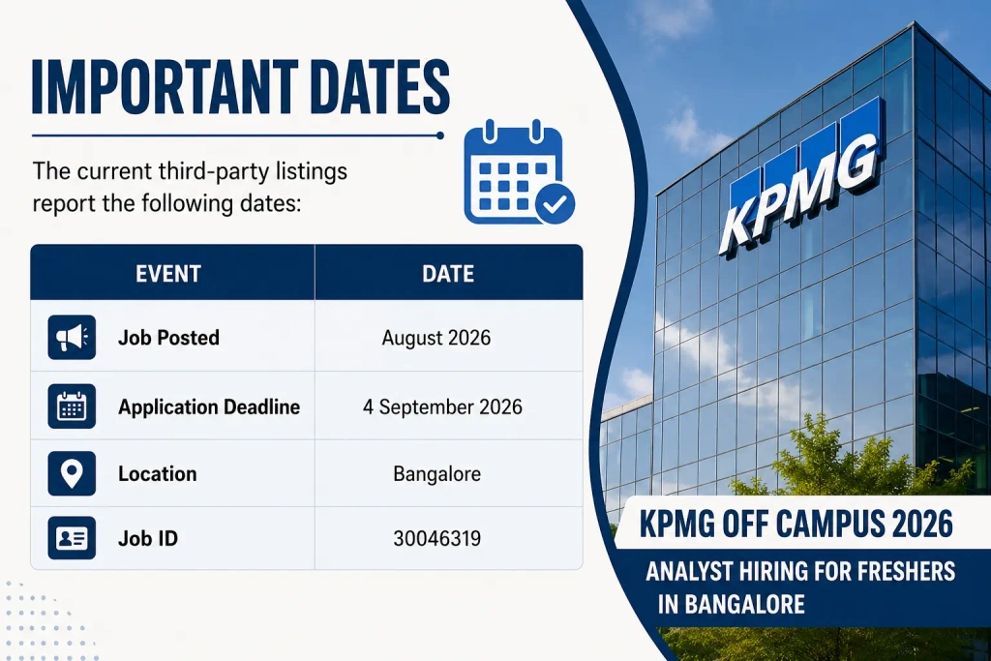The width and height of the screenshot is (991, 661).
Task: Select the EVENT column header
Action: coord(168,274)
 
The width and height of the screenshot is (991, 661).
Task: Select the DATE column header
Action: coord(448,274)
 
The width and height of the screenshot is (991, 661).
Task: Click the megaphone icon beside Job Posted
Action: coord(72,338)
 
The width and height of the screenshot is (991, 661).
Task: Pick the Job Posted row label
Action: coord(168,338)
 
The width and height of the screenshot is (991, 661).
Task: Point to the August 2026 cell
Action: coord(436,338)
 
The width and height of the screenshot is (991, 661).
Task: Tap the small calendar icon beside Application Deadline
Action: coord(72,406)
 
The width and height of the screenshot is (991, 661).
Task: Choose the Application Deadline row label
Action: coord(209,407)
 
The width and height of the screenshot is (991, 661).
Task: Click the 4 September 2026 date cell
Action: coord(442,407)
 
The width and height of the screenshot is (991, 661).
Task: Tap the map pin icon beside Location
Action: coord(72,473)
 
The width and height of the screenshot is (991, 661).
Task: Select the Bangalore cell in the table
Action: coord(436,474)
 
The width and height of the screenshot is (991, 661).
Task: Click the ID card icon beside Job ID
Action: coord(72,538)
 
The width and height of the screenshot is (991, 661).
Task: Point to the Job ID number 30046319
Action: coord(436,538)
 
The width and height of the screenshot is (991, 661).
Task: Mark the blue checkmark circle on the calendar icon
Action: coord(555,204)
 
